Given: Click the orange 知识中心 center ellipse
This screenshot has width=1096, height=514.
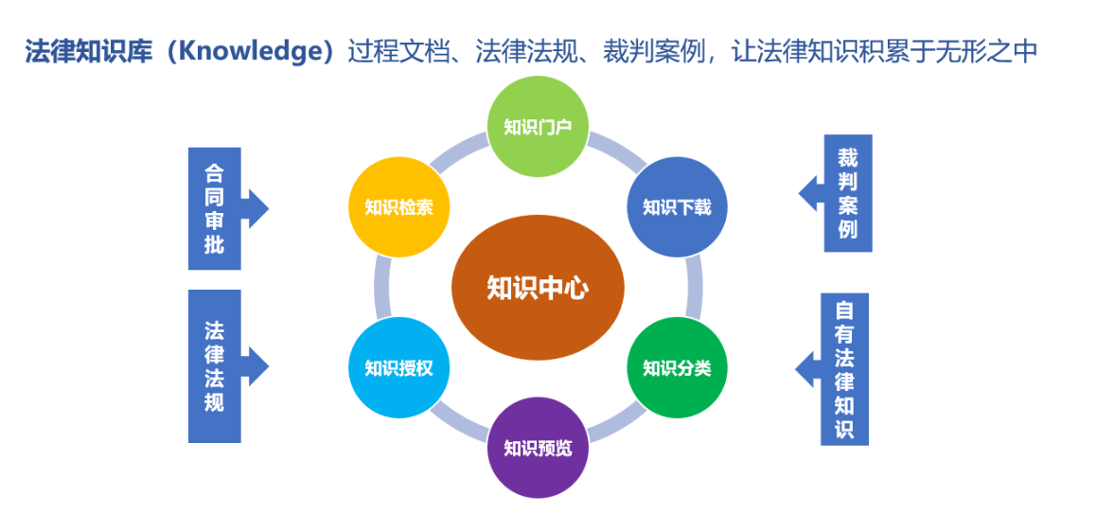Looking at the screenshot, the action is (x=538, y=288).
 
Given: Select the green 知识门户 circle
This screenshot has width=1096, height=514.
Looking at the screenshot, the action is (x=538, y=128).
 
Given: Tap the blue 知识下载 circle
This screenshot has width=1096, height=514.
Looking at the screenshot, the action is (x=678, y=207).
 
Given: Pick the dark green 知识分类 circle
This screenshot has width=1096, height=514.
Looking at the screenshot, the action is (x=678, y=368).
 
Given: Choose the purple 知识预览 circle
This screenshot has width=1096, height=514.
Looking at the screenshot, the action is (x=538, y=448).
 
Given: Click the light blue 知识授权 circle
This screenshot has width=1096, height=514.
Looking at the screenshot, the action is (x=398, y=368).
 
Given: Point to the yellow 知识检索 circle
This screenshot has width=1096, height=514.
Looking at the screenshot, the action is (x=398, y=207).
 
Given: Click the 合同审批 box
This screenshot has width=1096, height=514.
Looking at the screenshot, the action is (x=215, y=208).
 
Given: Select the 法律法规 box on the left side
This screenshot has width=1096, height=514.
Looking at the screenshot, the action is (x=215, y=366).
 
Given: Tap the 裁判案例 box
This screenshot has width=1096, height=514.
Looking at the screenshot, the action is (x=848, y=193).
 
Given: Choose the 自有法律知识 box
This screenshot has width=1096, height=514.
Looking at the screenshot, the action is (x=844, y=369).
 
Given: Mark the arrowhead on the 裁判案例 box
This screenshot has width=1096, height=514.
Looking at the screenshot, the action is (x=811, y=193).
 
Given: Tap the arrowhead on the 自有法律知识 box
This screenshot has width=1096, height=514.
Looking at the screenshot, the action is (x=807, y=368).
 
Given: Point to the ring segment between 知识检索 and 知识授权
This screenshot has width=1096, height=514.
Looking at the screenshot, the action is (x=380, y=288).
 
